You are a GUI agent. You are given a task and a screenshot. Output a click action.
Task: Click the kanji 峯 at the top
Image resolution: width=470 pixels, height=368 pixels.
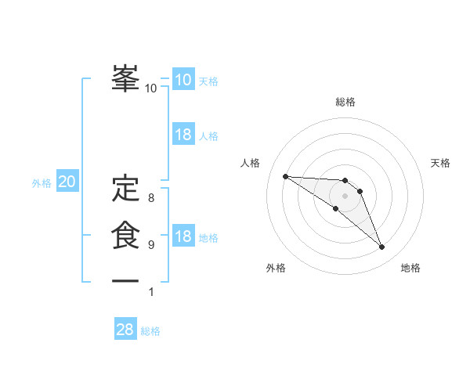click(x=125, y=77)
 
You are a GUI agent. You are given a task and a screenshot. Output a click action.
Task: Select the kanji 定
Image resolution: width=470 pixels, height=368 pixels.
click(x=125, y=188)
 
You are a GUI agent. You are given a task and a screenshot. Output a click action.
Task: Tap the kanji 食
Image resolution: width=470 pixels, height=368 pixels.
click(x=125, y=235)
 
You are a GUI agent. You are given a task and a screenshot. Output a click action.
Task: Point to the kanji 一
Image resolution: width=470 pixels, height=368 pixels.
click(x=125, y=280)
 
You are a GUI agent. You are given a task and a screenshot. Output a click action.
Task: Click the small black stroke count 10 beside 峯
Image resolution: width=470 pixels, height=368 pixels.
click(x=150, y=88)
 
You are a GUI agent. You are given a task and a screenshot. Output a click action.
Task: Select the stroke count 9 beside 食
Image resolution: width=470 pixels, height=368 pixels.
click(x=150, y=245)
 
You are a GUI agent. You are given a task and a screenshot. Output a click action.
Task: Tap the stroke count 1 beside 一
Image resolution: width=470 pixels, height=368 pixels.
click(x=150, y=292)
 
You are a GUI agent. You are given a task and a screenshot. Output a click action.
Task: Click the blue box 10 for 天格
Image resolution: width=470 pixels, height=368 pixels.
click(x=183, y=80)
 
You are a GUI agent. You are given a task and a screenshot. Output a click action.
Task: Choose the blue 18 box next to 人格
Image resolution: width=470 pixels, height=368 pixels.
click(x=183, y=135)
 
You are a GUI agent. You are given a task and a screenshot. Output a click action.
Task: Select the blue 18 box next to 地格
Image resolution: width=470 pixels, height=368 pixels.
click(x=183, y=236)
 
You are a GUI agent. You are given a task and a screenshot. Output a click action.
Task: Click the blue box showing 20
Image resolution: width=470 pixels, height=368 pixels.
click(x=67, y=182)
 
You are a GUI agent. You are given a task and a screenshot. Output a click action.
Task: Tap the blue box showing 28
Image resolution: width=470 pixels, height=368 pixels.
click(x=125, y=330)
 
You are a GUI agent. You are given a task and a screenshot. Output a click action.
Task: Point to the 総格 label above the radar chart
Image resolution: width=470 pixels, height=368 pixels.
click(x=345, y=102)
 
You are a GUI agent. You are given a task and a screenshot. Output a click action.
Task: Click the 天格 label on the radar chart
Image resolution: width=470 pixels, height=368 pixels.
click(x=441, y=163)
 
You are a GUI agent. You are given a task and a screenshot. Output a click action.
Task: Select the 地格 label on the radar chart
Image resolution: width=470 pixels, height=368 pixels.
click(x=410, y=268)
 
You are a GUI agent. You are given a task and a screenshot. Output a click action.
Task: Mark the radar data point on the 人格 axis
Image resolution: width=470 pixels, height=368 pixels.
click(x=285, y=176)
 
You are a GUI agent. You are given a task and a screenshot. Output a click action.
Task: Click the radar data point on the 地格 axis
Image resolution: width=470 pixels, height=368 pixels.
click(x=382, y=247)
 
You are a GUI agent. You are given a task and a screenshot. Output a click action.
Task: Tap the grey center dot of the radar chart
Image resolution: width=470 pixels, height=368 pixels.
click(x=345, y=195)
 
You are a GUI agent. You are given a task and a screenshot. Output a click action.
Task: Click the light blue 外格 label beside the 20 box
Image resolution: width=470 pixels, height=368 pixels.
click(x=42, y=183)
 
